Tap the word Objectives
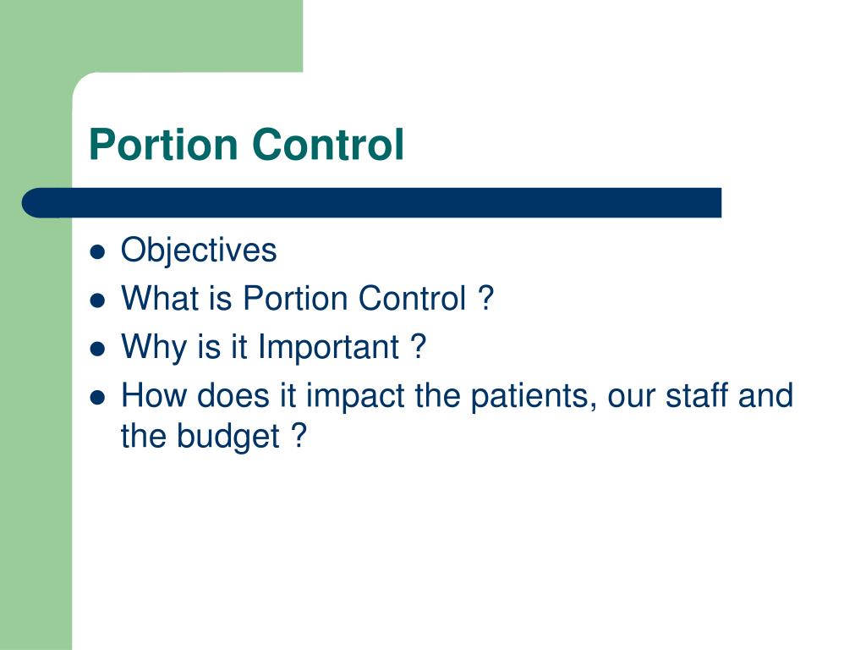(199, 251)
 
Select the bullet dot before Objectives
(99, 252)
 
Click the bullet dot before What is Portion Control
(99, 300)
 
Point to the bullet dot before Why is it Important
(99, 349)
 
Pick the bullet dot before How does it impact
(99, 397)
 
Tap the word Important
(328, 348)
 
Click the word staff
(688, 395)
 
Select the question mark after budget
(297, 437)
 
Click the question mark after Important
(418, 347)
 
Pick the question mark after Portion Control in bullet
(485, 299)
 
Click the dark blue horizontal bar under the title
(372, 203)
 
